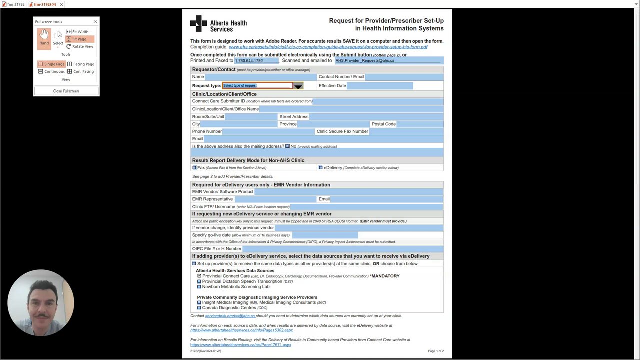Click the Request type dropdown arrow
(x=298, y=86)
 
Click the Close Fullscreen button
(x=66, y=91)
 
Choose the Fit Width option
(x=77, y=32)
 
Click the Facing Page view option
(x=80, y=64)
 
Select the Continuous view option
(x=51, y=72)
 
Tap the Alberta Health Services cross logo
(x=198, y=23)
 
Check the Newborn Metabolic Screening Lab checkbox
(x=199, y=287)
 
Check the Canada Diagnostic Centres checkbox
(x=199, y=308)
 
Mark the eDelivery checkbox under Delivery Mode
(x=321, y=168)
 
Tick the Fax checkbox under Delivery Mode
(x=194, y=168)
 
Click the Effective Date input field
(x=380, y=86)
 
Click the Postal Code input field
(x=420, y=124)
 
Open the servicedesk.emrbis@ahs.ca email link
(x=230, y=316)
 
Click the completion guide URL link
(x=328, y=47)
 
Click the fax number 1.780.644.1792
(x=249, y=61)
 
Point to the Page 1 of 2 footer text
(x=435, y=351)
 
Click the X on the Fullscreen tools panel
(x=96, y=22)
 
